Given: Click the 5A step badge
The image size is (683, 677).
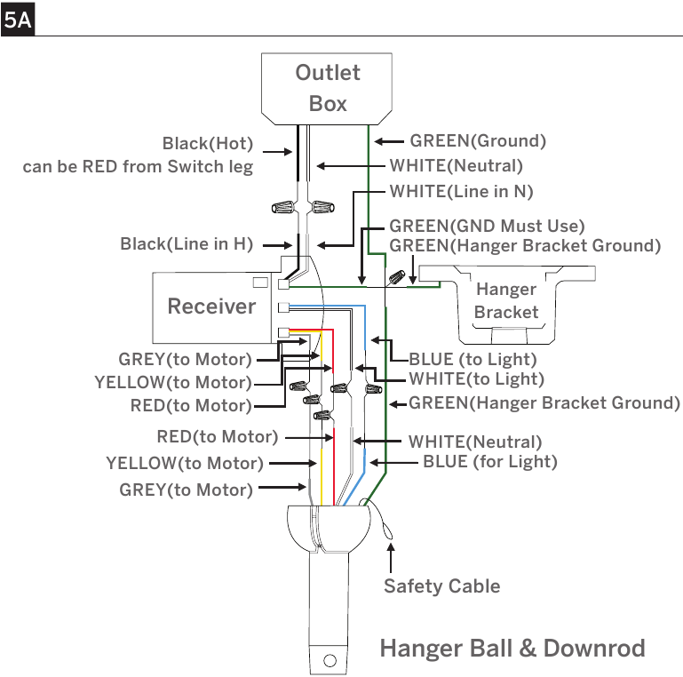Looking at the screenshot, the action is coord(18,20).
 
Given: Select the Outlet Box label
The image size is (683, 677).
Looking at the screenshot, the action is coord(328,88).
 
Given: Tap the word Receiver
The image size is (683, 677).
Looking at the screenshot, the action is coord(211,307).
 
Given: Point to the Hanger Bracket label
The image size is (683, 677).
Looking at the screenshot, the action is coord(506,300).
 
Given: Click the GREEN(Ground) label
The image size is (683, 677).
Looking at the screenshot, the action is coord(478,140).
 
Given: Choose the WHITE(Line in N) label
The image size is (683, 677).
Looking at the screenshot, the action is coord(461,191).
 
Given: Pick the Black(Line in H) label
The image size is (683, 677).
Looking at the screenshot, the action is coord(187,244).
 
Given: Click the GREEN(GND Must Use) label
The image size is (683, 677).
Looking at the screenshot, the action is coord(487,226).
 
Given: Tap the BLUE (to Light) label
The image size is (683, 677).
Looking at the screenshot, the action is coord(473,360).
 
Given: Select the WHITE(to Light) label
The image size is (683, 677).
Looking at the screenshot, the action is coord(477,379).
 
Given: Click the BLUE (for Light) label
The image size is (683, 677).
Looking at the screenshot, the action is coord(490,462).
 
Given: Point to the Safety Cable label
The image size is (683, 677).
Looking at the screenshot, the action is coord(441,586).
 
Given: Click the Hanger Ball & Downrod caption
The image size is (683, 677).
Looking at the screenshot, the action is coord(512,649).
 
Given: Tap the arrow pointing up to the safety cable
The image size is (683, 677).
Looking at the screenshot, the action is coord(391,558).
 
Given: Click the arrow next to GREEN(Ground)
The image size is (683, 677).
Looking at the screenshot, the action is coord(389,141).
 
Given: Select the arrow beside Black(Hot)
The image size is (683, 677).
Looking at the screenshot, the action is coord(277,152).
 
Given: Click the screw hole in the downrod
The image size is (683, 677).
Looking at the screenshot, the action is coord(330,661).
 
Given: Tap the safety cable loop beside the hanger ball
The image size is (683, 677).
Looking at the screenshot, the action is coord(384,523).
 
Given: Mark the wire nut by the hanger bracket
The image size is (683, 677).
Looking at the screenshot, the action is coord(397,277).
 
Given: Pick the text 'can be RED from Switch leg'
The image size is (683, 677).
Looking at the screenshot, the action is coord(138,166).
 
